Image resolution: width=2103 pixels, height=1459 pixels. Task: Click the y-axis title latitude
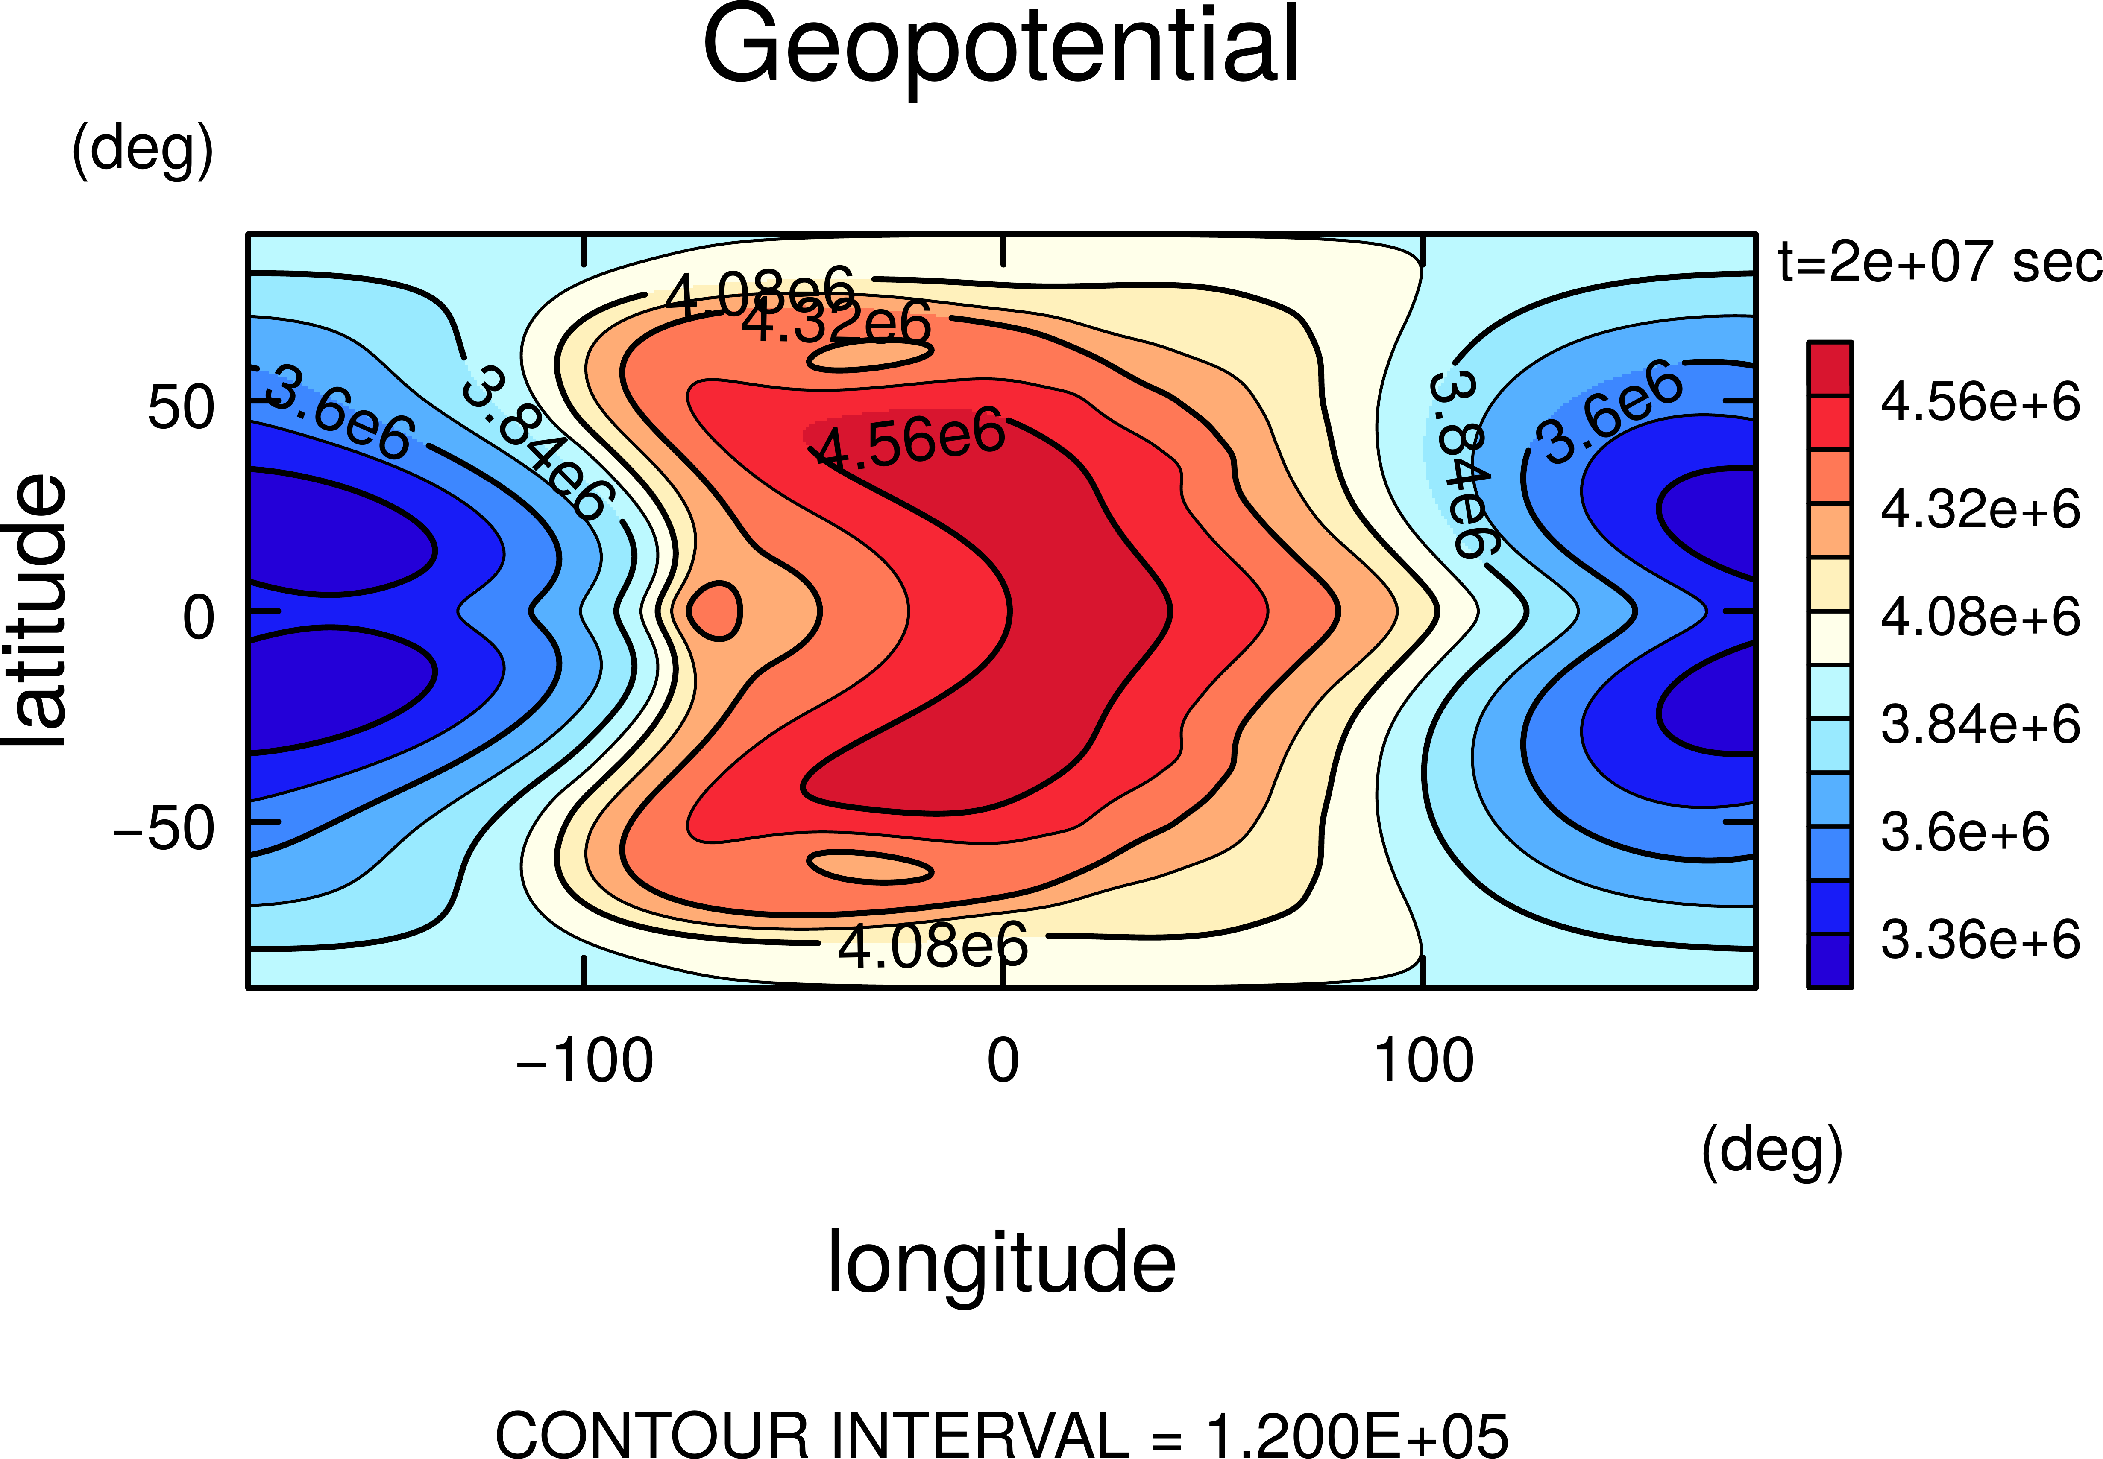pyautogui.click(x=37, y=611)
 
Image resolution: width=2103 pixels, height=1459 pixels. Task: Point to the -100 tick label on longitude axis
pyautogui.click(x=585, y=1061)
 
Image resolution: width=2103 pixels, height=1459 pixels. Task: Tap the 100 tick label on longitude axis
pyautogui.click(x=1424, y=1061)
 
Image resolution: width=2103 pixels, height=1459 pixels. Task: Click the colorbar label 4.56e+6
pyautogui.click(x=1980, y=402)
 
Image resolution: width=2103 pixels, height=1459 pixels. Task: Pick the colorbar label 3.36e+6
pyautogui.click(x=1980, y=940)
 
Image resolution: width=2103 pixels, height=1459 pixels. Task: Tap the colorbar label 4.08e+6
pyautogui.click(x=1980, y=617)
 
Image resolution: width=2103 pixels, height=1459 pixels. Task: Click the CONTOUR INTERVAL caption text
pyautogui.click(x=1001, y=1433)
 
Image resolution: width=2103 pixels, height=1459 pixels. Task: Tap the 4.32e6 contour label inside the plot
pyautogui.click(x=836, y=322)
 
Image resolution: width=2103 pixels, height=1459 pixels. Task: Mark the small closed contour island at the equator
pyautogui.click(x=715, y=611)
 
